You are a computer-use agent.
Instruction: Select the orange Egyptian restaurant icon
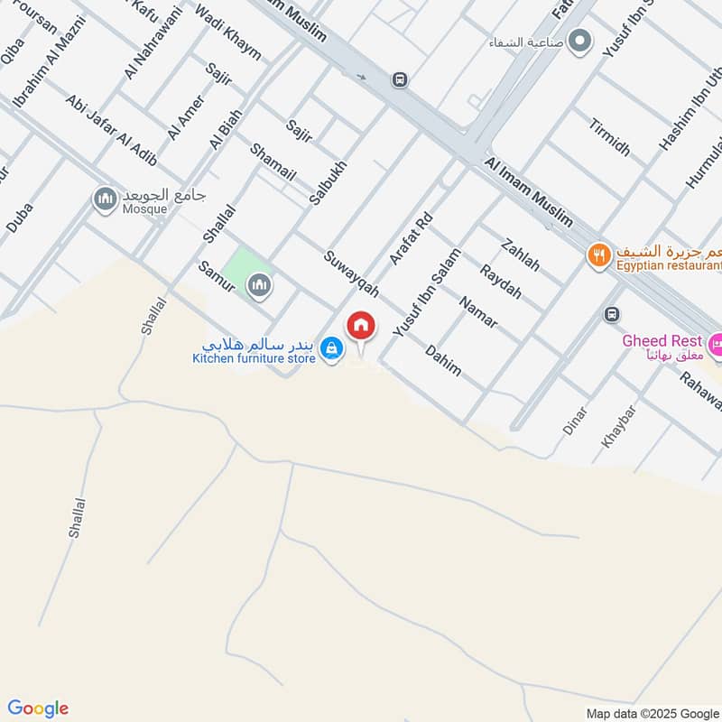pyautogui.click(x=597, y=255)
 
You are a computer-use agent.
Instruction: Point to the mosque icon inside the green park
pyautogui.click(x=260, y=285)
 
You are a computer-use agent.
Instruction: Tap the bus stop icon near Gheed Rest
pyautogui.click(x=612, y=314)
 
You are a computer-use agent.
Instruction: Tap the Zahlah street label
pyautogui.click(x=521, y=255)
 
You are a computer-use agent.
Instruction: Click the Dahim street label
pyautogui.click(x=443, y=359)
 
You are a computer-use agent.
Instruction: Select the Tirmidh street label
pyautogui.click(x=610, y=136)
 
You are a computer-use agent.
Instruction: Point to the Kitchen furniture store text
pyautogui.click(x=254, y=359)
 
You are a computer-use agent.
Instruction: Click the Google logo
pyautogui.click(x=38, y=708)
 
